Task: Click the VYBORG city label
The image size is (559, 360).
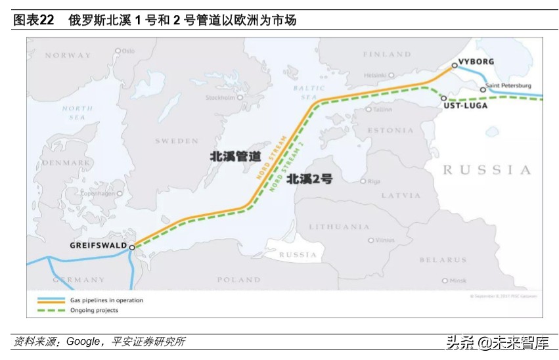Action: tap(475, 62)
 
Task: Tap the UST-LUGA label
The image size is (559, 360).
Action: tap(465, 105)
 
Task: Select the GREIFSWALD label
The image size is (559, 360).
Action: tap(98, 246)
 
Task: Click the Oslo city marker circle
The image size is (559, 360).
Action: tap(118, 51)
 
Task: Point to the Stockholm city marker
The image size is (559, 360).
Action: tap(240, 98)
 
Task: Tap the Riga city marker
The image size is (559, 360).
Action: tap(363, 181)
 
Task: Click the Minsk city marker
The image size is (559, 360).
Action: tap(445, 281)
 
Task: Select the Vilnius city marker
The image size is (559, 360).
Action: tap(371, 240)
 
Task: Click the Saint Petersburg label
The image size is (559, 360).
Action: tap(510, 86)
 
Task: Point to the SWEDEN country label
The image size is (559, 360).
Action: tap(177, 141)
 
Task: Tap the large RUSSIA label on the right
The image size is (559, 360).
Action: tap(487, 170)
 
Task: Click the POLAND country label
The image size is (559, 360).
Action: tap(238, 280)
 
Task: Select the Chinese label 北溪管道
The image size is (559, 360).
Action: tap(235, 156)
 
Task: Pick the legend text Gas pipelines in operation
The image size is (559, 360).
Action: tap(106, 300)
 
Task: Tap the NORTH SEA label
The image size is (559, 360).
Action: tap(78, 112)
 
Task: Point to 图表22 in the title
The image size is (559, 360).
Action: tap(34, 20)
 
